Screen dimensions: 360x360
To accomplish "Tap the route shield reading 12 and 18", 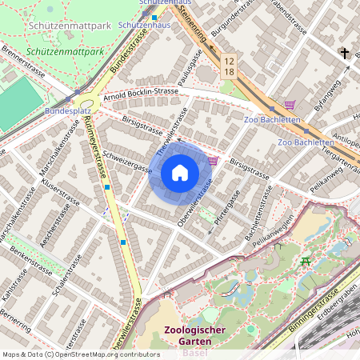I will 230,66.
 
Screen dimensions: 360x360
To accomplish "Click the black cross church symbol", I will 345,54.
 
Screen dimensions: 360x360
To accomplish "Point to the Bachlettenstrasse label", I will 255,223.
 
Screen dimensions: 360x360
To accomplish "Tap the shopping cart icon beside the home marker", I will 212,161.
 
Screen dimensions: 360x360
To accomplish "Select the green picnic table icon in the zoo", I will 304,261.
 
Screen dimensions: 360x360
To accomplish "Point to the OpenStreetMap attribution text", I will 81,354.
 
